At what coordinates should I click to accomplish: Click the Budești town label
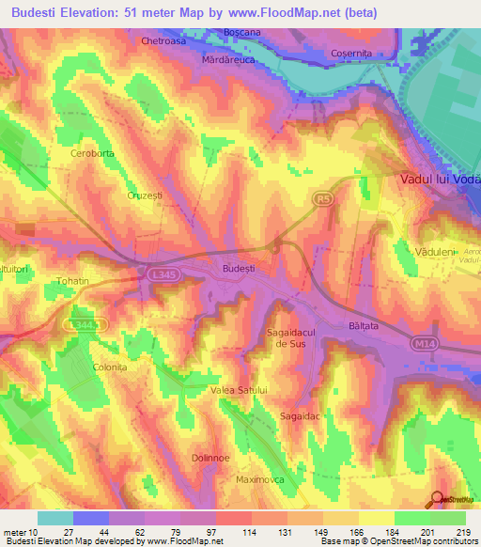coord(238,268)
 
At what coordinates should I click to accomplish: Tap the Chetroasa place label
coord(163,41)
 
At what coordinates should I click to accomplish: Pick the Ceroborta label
coord(91,152)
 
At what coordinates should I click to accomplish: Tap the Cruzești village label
coord(145,195)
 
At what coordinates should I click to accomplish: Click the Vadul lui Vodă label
coord(440,179)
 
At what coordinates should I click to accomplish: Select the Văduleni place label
coord(435,253)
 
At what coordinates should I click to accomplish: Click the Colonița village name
coord(109,367)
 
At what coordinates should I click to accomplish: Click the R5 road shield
coord(323,198)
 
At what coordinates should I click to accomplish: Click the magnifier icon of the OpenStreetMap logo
coord(437,499)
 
